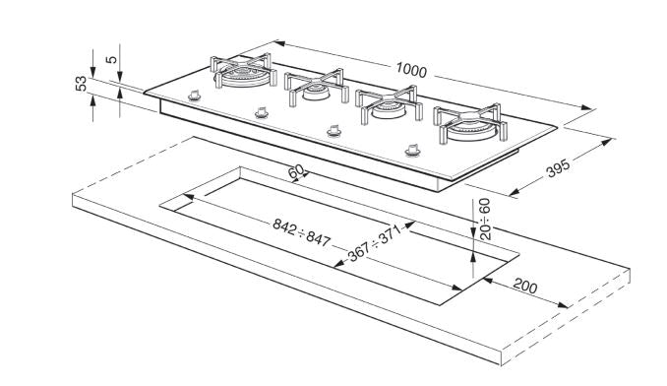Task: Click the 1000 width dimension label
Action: pos(411,70)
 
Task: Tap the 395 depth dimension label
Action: pos(558,168)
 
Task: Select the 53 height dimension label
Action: pos(81,84)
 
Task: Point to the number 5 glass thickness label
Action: pos(111,58)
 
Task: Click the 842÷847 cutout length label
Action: pos(301,232)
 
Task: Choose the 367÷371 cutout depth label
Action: pos(375,243)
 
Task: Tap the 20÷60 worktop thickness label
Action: pos(485,219)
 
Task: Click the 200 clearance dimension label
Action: pos(525,286)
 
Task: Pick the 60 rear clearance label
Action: pos(296,172)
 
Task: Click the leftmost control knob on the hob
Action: pos(195,96)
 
